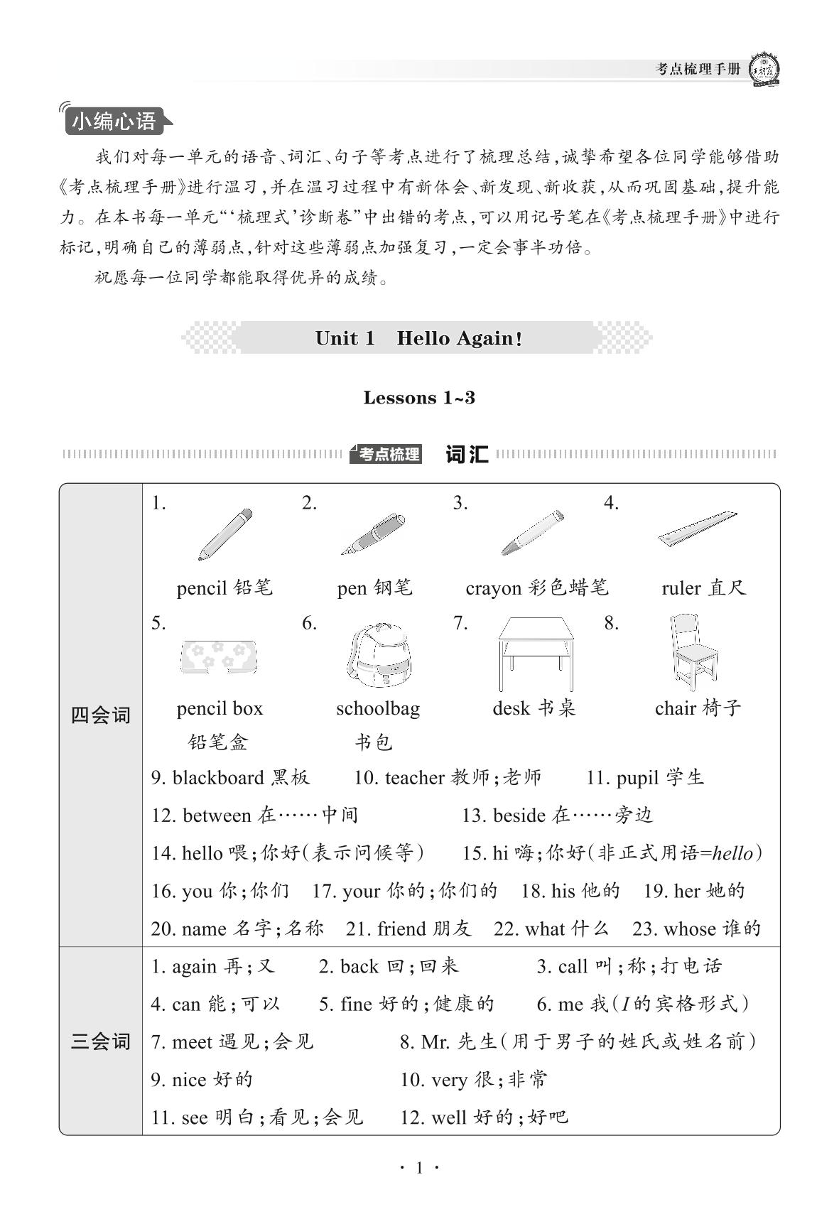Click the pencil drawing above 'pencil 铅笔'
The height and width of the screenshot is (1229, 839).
[225, 534]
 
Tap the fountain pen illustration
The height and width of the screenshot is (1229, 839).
[374, 535]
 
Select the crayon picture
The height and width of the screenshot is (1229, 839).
[533, 532]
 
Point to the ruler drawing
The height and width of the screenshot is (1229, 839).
[697, 529]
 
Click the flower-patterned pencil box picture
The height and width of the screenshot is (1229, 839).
[218, 656]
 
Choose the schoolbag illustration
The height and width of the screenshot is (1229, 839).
[379, 654]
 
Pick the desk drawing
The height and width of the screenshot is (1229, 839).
[536, 653]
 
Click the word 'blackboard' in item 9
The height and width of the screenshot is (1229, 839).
[217, 778]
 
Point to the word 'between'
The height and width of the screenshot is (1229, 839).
[217, 816]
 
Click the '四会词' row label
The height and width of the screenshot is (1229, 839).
[101, 715]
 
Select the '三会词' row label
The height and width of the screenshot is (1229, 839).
[101, 1042]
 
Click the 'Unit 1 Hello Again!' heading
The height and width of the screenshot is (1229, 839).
[418, 338]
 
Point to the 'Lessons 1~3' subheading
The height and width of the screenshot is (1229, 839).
[419, 398]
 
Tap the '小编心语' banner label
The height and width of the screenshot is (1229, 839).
[114, 121]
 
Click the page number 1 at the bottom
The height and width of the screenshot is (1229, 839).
[419, 1168]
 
